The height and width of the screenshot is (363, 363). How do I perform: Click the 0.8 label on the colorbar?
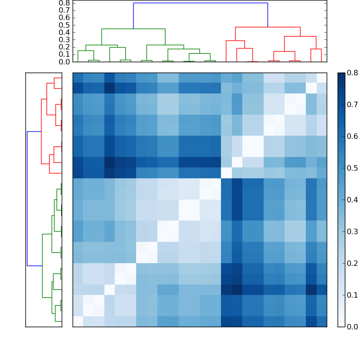click(352, 73)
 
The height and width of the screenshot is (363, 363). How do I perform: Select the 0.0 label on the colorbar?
click(352, 326)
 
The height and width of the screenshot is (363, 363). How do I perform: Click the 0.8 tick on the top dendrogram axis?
click(64, 3)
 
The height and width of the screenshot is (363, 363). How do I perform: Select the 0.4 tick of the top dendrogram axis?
click(64, 32)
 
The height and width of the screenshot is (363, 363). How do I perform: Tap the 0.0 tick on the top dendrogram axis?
click(64, 62)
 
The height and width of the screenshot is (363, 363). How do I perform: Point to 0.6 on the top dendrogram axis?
click(64, 17)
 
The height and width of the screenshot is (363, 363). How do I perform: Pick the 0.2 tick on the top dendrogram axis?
click(64, 47)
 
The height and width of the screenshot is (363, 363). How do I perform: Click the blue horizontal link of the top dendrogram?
click(200, 3)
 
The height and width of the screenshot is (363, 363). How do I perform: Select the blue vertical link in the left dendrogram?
click(27, 198)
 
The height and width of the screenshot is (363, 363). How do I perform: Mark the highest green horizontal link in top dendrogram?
click(133, 29)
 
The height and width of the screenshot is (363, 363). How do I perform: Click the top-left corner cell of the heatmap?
click(78, 78)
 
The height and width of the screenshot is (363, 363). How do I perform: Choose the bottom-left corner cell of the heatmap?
click(78, 321)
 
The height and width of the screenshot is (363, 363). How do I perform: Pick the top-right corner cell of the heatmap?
click(321, 78)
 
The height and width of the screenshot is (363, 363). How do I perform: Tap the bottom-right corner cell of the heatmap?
click(321, 321)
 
